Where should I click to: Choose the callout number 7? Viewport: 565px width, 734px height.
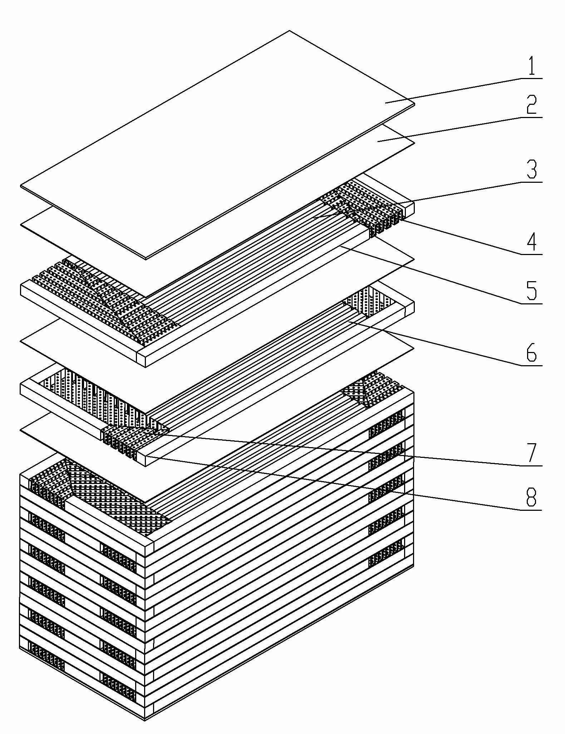[532, 452]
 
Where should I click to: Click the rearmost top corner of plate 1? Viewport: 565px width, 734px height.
[289, 31]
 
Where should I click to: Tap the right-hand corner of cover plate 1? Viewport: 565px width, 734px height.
[415, 104]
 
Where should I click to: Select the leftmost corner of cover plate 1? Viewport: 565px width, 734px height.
[20, 186]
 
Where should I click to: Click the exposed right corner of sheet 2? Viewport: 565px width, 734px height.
[414, 144]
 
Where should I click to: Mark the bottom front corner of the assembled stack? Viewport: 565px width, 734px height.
[145, 720]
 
